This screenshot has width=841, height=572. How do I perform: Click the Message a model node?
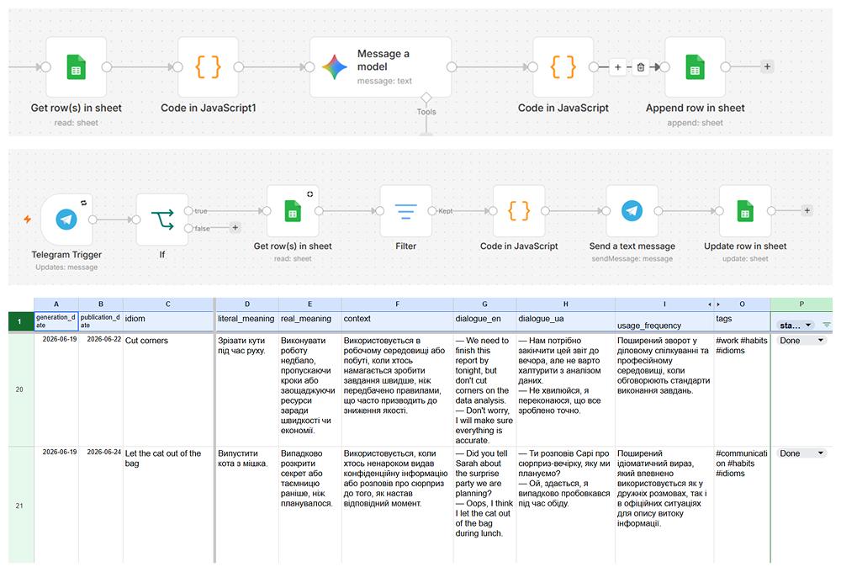click(380, 67)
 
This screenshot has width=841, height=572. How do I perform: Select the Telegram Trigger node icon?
click(66, 219)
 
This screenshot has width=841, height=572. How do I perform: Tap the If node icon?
click(162, 220)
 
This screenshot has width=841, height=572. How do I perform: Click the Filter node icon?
click(405, 211)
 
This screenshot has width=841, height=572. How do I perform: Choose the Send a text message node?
click(632, 211)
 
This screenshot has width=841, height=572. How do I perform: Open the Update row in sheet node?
click(745, 211)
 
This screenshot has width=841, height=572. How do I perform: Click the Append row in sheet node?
click(695, 67)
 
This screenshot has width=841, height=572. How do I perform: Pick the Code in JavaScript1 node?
click(208, 67)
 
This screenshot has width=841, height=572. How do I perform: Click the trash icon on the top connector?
click(640, 67)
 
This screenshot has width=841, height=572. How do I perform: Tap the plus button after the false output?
click(235, 228)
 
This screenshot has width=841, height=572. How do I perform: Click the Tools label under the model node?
click(426, 112)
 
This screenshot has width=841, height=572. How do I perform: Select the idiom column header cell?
click(168, 321)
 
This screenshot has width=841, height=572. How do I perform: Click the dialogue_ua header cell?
click(565, 321)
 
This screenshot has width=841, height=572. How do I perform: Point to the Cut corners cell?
click(168, 389)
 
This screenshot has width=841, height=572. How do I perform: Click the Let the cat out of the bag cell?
click(168, 505)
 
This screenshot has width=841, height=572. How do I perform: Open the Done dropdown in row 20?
click(801, 341)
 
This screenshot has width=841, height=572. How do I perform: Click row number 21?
click(19, 506)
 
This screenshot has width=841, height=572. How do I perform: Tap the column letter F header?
click(398, 305)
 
